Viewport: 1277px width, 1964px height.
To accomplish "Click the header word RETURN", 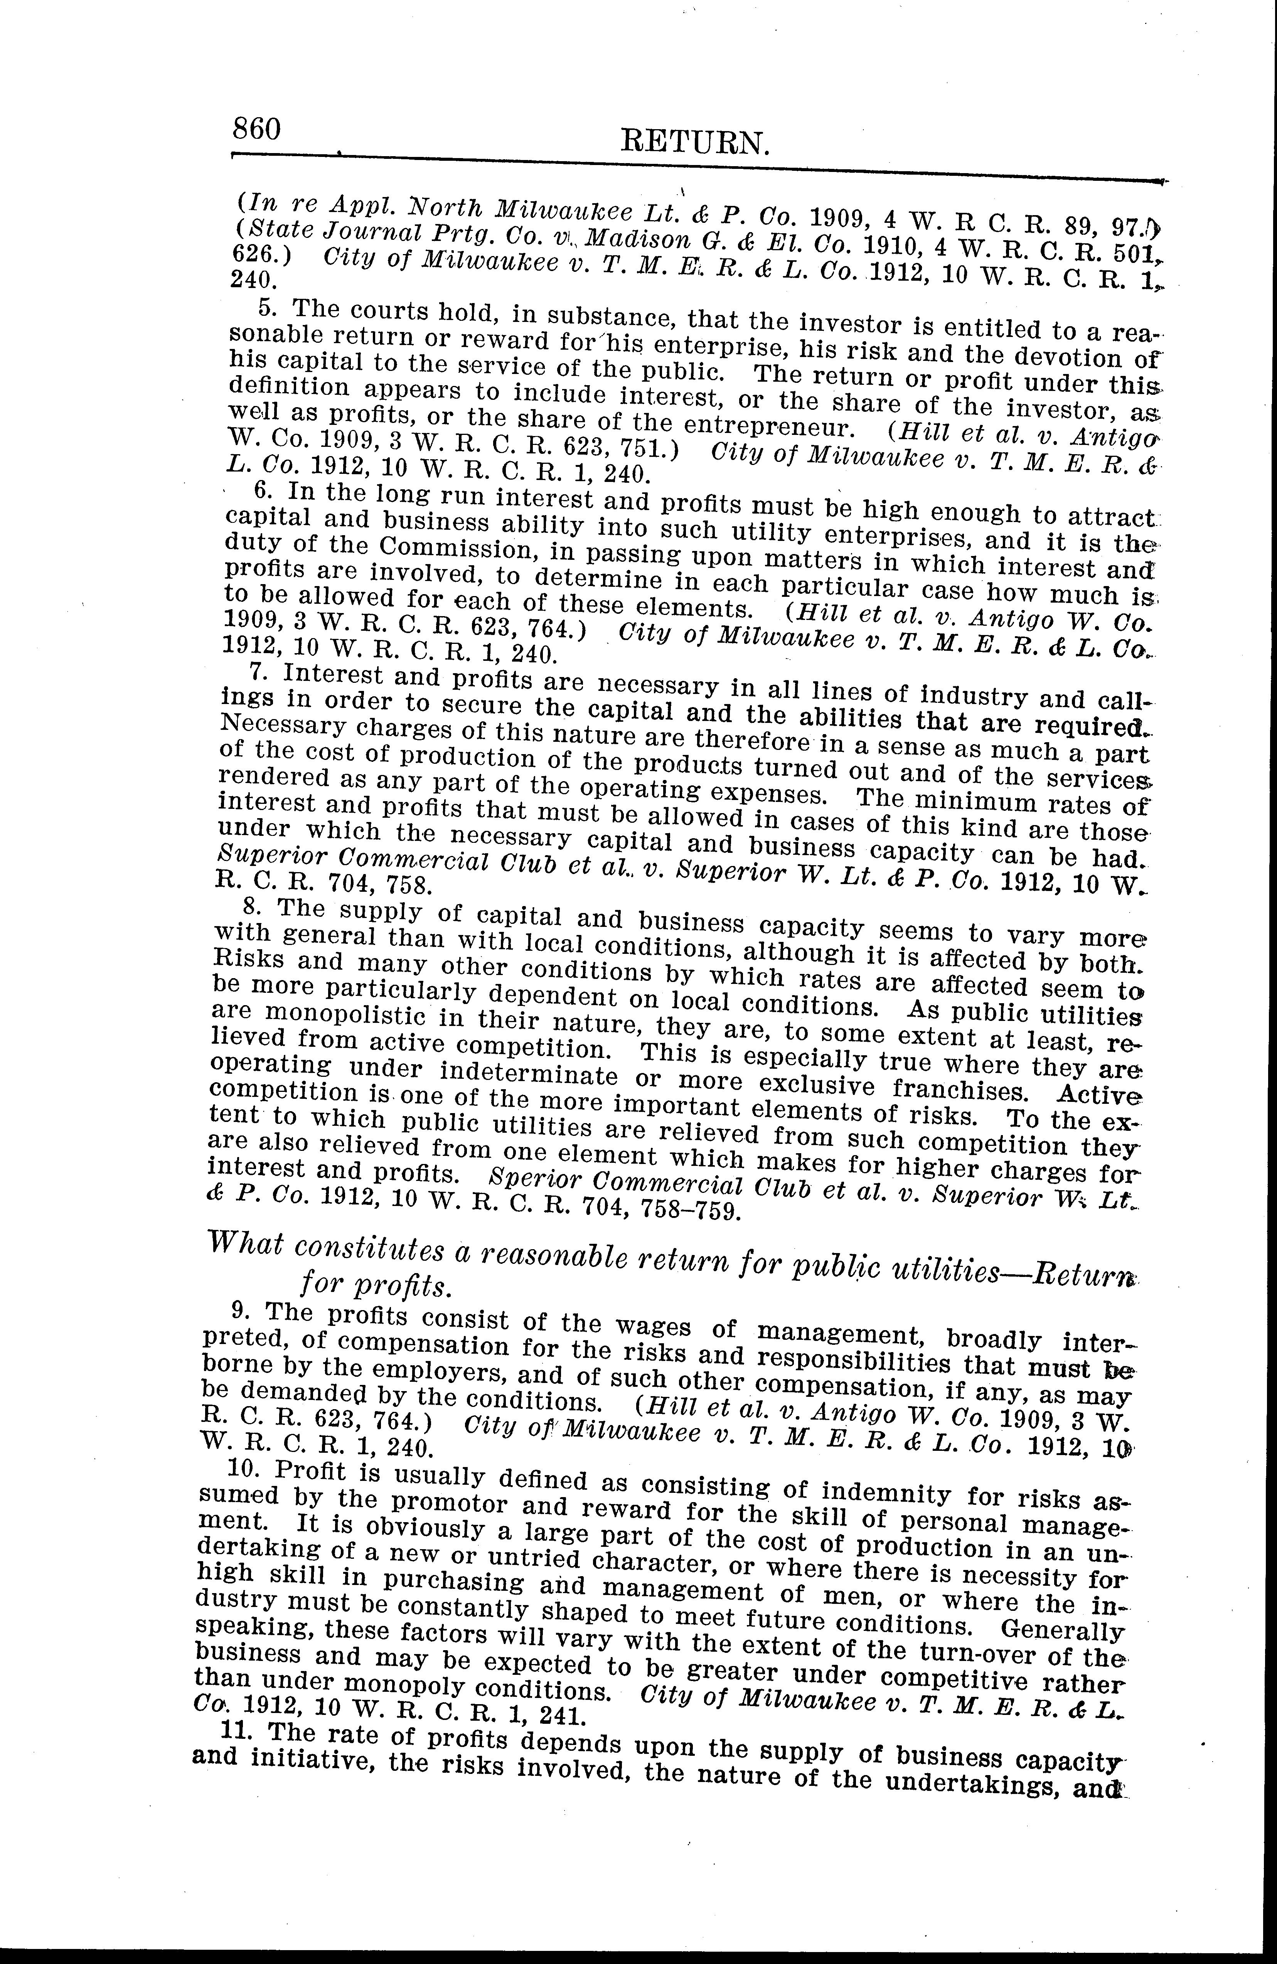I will click(x=695, y=145).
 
